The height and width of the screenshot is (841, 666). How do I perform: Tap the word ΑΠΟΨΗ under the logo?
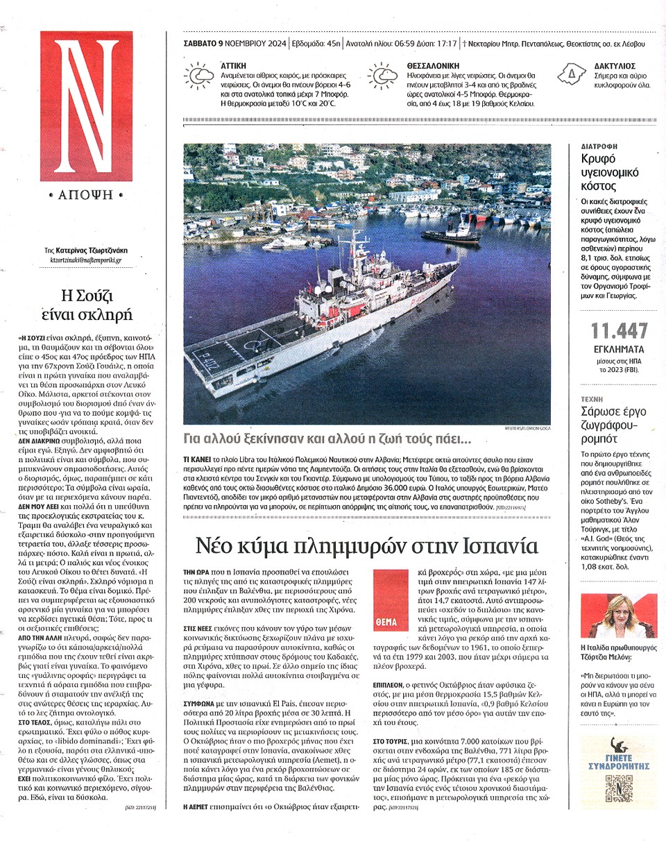click(86, 195)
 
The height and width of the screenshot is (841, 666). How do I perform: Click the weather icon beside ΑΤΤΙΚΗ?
click(198, 75)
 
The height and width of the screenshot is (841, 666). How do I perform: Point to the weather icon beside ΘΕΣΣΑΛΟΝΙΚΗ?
click(383, 75)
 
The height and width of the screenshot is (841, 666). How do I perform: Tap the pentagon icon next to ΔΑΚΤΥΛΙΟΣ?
click(572, 72)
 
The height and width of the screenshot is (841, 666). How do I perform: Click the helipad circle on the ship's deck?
click(258, 341)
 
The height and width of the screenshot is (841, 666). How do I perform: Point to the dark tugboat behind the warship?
click(451, 235)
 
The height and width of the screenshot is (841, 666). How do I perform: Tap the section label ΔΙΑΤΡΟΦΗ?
click(599, 147)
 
